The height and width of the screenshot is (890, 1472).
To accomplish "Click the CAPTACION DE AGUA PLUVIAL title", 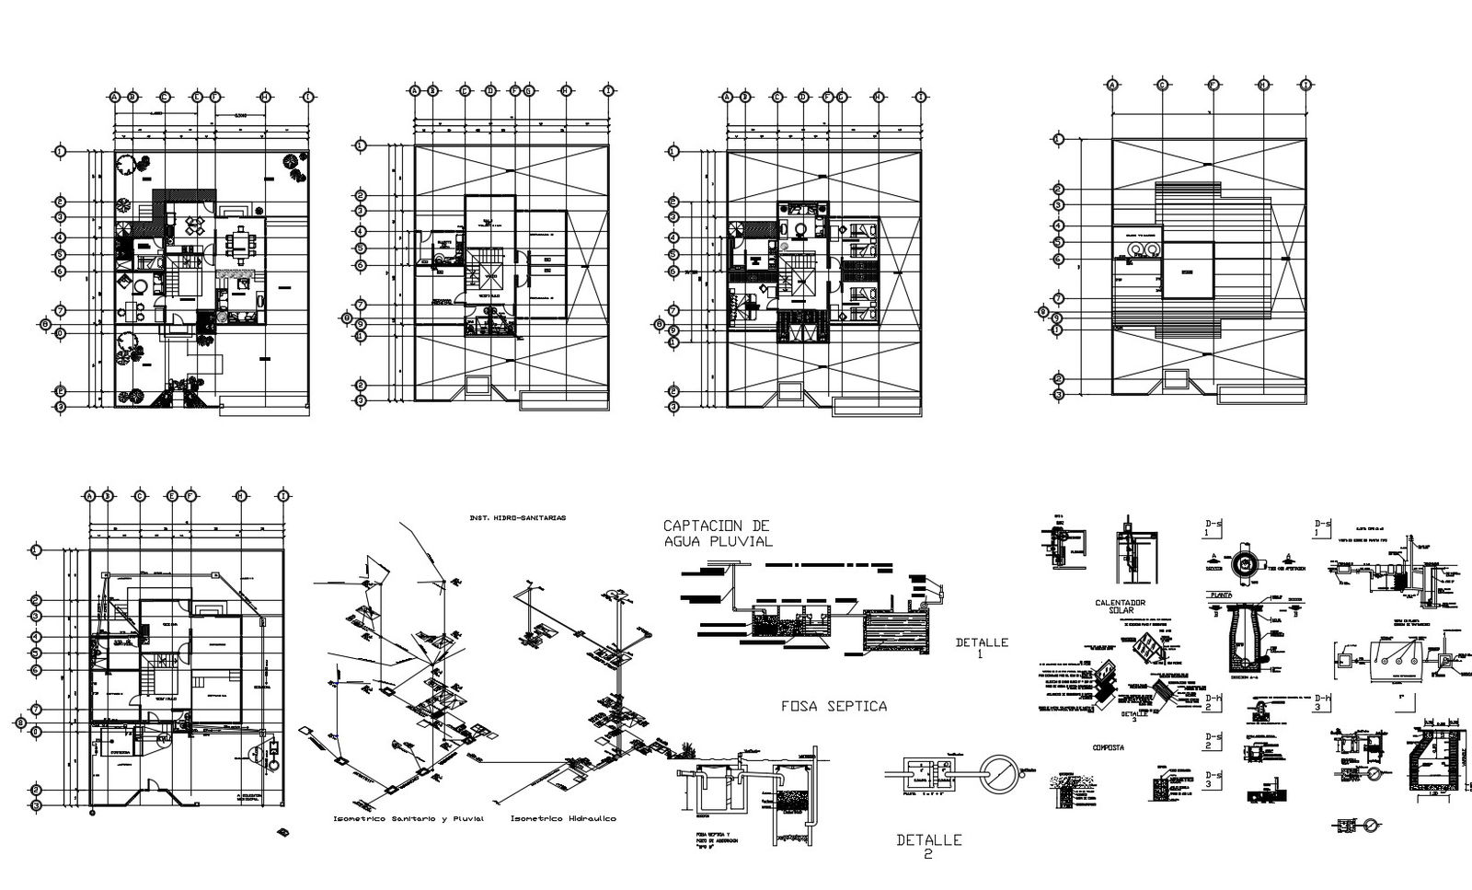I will click(718, 534).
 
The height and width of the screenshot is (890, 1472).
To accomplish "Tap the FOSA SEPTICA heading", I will click(834, 706).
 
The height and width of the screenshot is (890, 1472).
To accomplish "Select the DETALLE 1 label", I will click(981, 648).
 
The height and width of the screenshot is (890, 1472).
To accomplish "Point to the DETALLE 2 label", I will click(928, 846).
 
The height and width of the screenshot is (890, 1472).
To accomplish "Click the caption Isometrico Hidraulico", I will click(563, 818).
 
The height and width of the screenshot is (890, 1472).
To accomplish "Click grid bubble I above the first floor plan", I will click(307, 96).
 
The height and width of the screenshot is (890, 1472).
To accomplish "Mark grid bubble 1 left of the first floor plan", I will click(61, 151).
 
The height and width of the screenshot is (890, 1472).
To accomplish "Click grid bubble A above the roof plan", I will click(1111, 85).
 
